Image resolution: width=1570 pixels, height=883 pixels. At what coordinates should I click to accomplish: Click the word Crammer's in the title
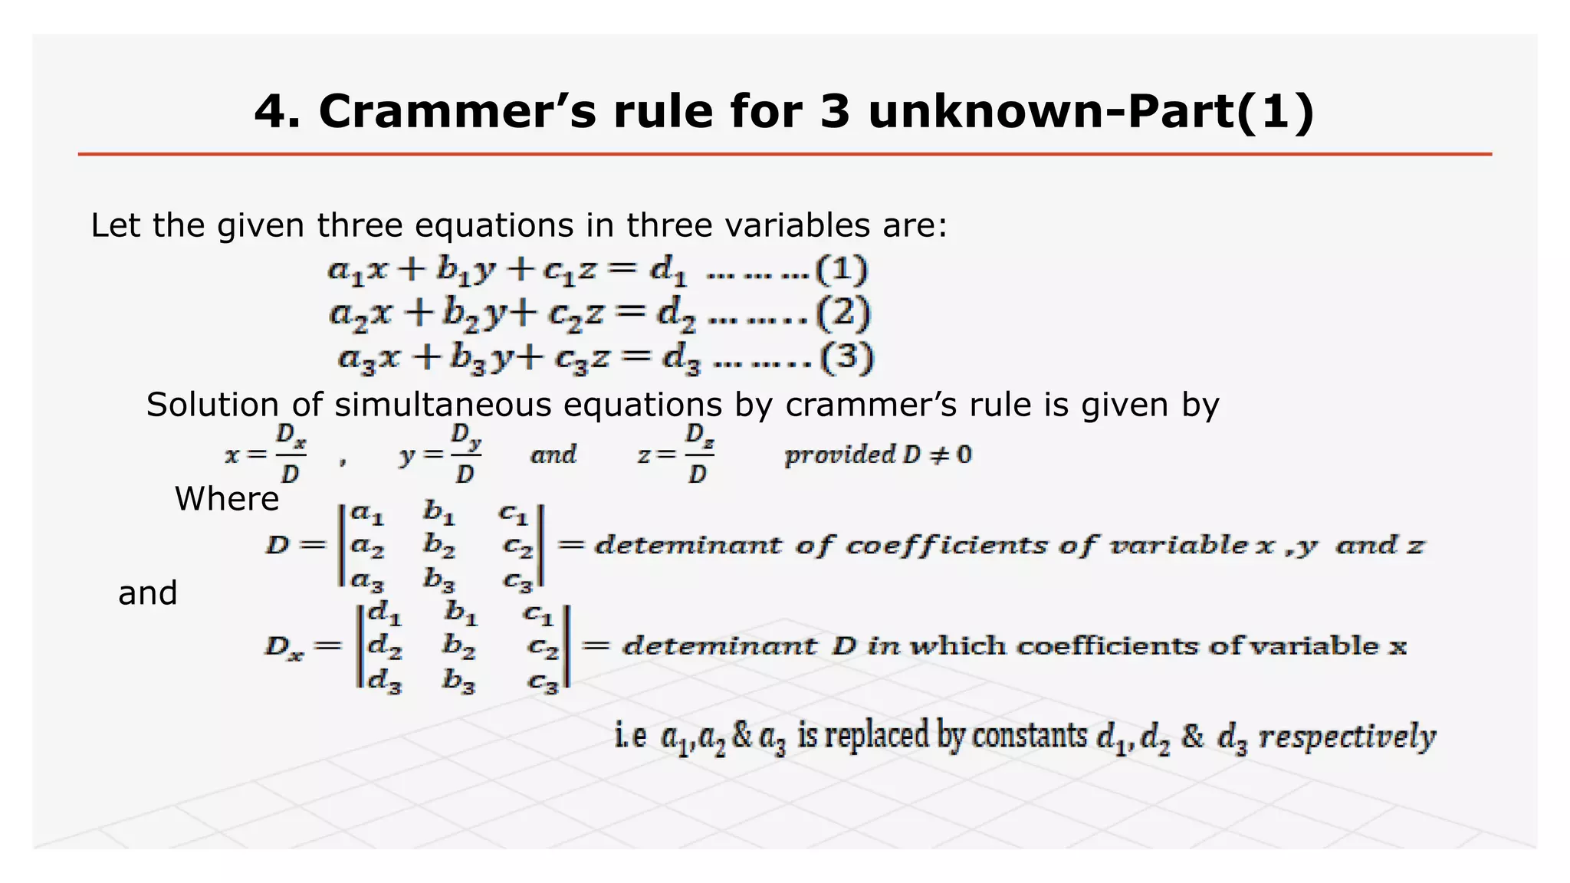(x=457, y=111)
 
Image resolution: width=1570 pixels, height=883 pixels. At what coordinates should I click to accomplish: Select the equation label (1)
(x=842, y=270)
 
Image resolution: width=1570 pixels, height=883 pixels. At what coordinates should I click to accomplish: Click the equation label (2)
(x=843, y=313)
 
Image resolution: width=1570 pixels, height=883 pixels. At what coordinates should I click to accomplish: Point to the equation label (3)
(x=846, y=358)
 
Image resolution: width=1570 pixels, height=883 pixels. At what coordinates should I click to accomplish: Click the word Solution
(x=212, y=405)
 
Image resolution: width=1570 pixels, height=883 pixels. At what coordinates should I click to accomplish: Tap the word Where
(x=227, y=499)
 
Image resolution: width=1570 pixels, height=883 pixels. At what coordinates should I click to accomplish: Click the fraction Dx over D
(x=291, y=455)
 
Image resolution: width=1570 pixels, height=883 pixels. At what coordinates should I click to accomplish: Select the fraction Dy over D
(x=465, y=455)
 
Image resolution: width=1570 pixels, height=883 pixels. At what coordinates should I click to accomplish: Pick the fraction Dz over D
(x=698, y=455)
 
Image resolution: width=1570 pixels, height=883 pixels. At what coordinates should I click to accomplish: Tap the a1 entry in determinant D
(x=367, y=513)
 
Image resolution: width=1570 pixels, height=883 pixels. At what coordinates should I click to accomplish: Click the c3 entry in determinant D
(x=517, y=582)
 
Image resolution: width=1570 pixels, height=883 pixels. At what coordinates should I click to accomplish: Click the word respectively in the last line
(x=1347, y=737)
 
